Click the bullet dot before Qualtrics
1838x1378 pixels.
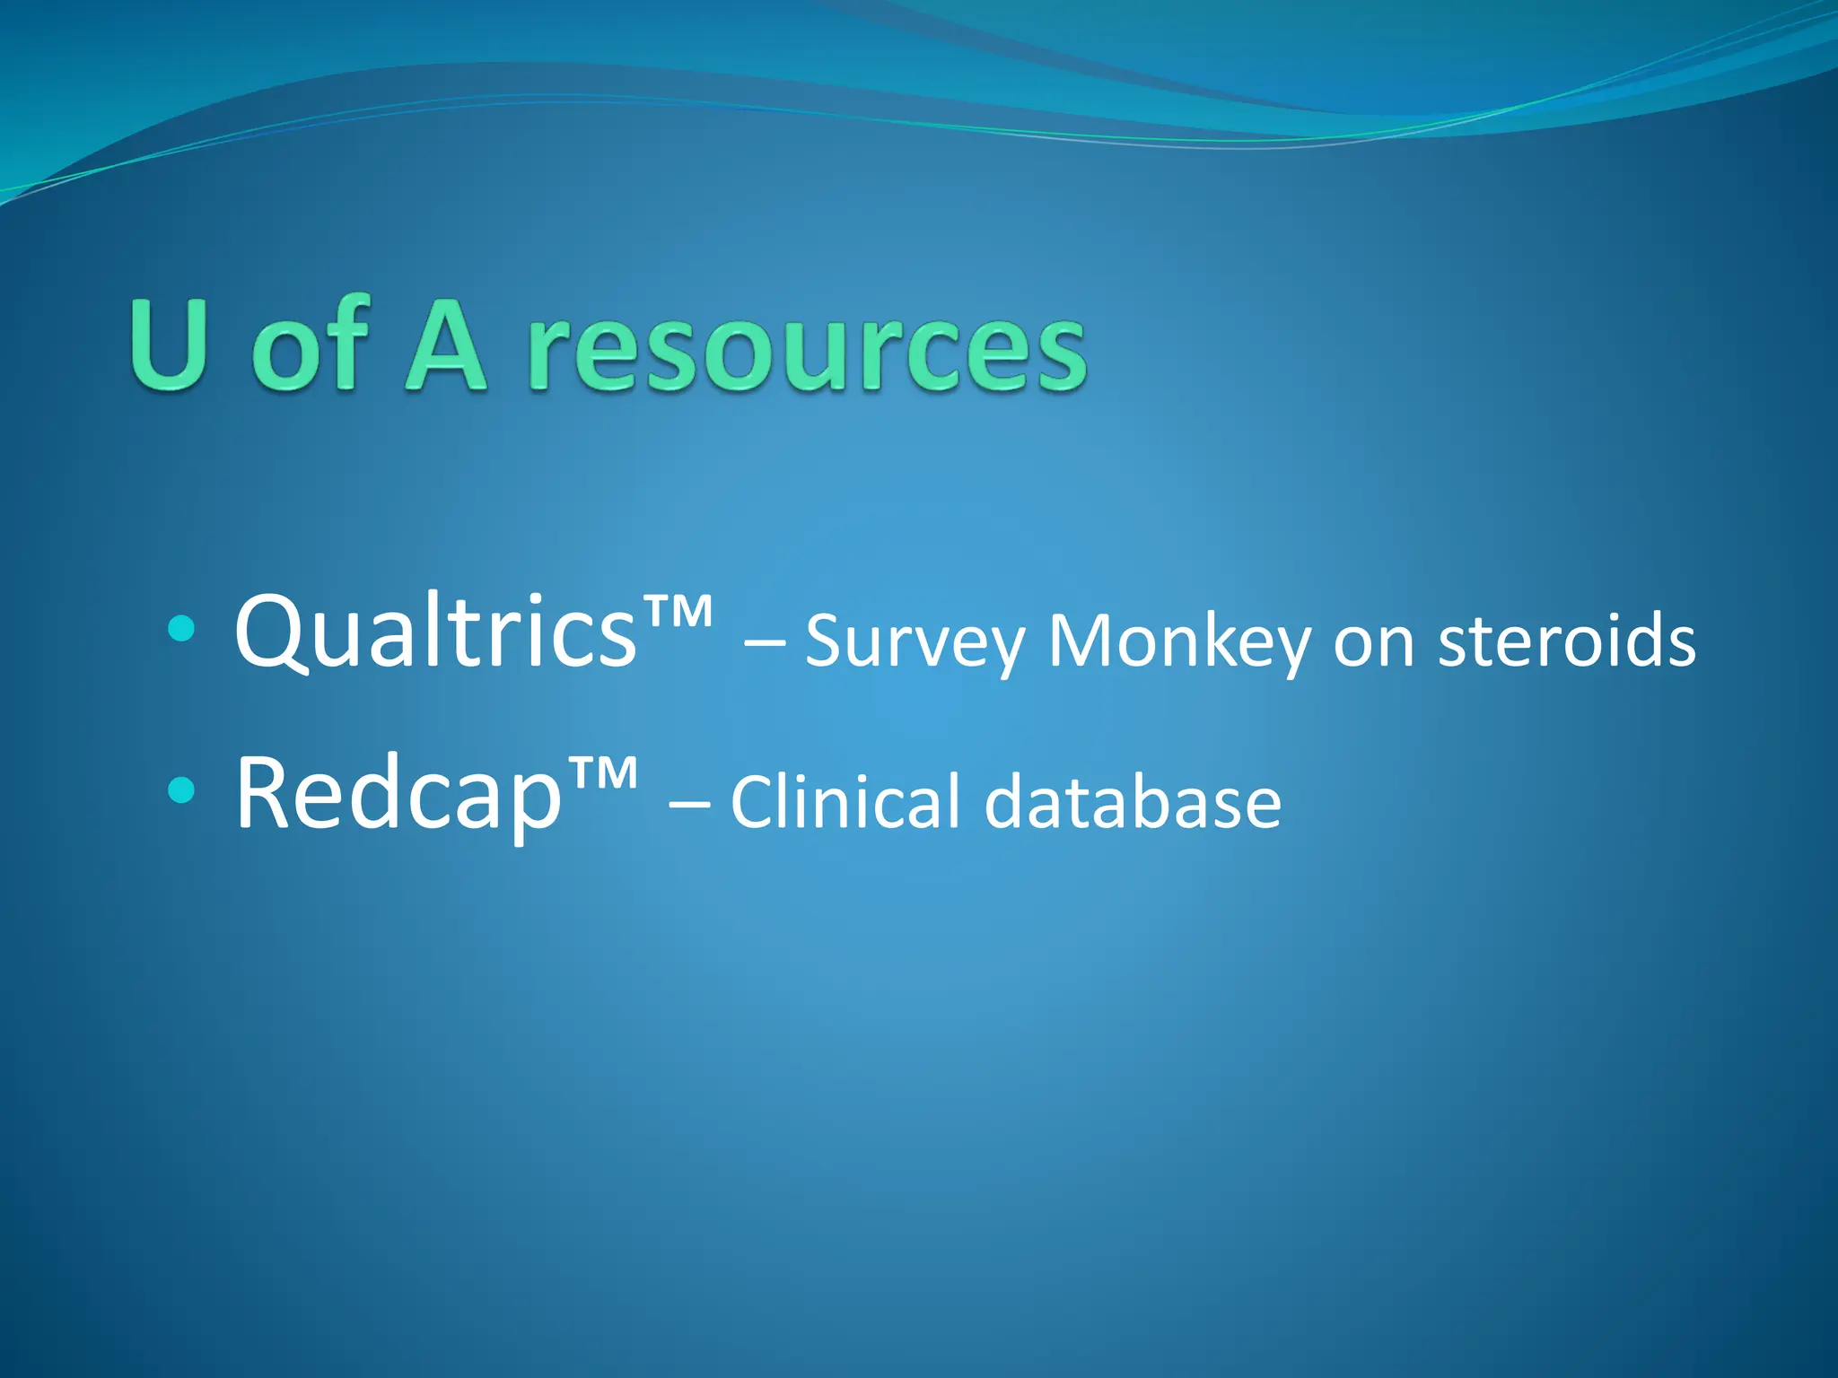[x=180, y=629]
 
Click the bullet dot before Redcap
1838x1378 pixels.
[x=180, y=790]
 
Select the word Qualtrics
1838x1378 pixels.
[x=435, y=632]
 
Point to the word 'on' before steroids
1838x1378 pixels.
[x=1374, y=644]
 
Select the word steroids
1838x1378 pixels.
[x=1566, y=641]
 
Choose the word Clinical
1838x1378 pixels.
[x=846, y=801]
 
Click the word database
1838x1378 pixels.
[x=1133, y=801]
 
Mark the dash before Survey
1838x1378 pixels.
[x=764, y=642]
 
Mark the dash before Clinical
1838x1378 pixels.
[x=689, y=803]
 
